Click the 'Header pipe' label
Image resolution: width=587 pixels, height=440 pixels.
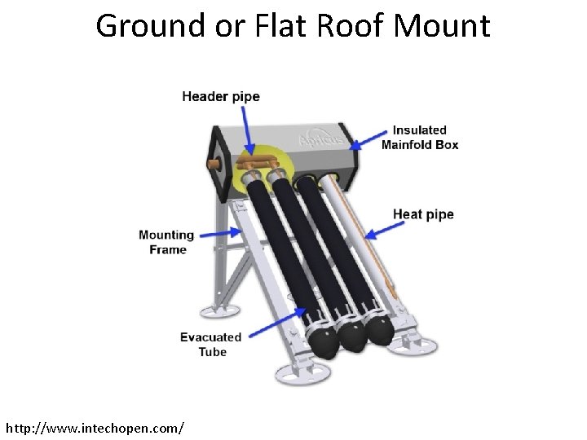point(220,97)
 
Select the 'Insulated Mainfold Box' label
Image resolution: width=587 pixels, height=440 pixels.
point(420,138)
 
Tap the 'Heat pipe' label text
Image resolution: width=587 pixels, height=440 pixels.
point(423,214)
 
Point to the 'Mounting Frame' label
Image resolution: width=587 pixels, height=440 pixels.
point(167,242)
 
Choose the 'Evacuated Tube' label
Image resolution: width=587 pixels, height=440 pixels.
point(211,344)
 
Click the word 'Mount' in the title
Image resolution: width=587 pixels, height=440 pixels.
point(442,26)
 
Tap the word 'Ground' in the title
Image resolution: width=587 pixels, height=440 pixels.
point(151,26)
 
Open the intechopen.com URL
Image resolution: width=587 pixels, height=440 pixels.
point(95,427)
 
